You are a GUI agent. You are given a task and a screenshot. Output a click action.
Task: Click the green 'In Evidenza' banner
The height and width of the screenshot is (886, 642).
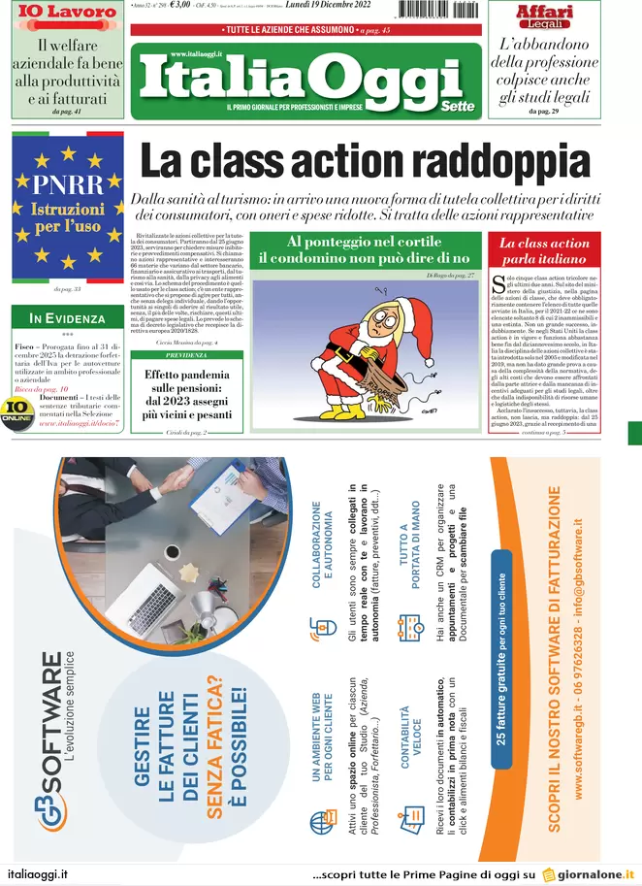click(x=67, y=317)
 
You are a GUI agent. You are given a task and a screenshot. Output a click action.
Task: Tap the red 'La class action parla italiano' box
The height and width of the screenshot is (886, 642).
click(x=544, y=251)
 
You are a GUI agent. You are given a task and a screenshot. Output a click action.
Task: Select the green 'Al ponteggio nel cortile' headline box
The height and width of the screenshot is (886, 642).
click(x=363, y=249)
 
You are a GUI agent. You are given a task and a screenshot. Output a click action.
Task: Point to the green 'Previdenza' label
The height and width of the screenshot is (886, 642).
click(x=185, y=355)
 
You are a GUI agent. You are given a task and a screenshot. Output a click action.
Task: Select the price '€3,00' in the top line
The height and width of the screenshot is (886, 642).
click(x=179, y=6)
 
